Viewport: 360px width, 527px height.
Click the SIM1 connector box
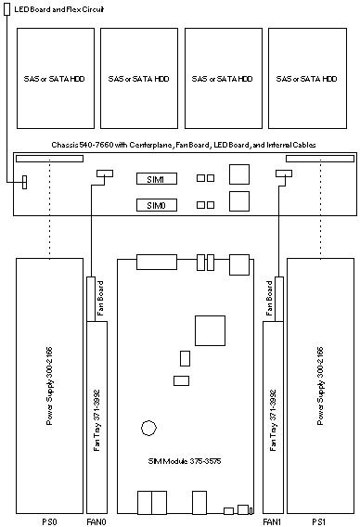coord(157,179)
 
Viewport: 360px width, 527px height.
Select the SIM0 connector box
coord(157,205)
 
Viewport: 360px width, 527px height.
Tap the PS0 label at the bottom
coord(49,522)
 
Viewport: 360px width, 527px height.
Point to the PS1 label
coord(319,522)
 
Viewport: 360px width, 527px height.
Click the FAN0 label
coord(96,522)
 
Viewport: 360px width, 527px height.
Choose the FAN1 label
coord(272,522)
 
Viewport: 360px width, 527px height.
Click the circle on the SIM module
coord(148,428)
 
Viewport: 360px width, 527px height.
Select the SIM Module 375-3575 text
coord(185,461)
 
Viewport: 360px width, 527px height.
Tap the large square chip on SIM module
coord(210,330)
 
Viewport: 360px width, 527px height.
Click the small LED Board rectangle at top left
coord(7,9)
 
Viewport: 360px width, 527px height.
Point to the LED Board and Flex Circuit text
coord(59,9)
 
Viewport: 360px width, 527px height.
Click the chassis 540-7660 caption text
coord(184,145)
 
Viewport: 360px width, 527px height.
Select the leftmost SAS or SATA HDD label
coord(54,79)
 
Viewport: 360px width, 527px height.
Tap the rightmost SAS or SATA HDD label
coord(306,79)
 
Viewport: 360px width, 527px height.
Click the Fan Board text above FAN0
coord(100,298)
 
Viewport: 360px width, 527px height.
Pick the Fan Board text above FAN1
coord(269,298)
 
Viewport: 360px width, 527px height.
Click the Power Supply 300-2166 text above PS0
coord(49,386)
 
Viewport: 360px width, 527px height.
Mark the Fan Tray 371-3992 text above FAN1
coord(273,420)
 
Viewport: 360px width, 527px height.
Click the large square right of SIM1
coord(239,174)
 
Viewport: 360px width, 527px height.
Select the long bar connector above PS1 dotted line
coord(320,159)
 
